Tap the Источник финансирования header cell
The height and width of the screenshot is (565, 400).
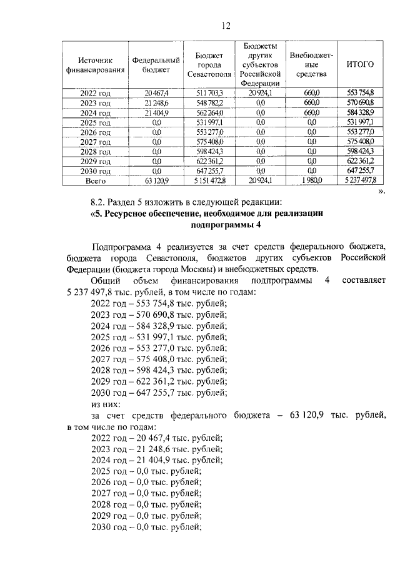(x=95, y=64)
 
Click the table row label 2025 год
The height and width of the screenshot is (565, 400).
(x=95, y=122)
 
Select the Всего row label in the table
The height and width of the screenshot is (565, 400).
(x=95, y=181)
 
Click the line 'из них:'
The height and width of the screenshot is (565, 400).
(x=106, y=404)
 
